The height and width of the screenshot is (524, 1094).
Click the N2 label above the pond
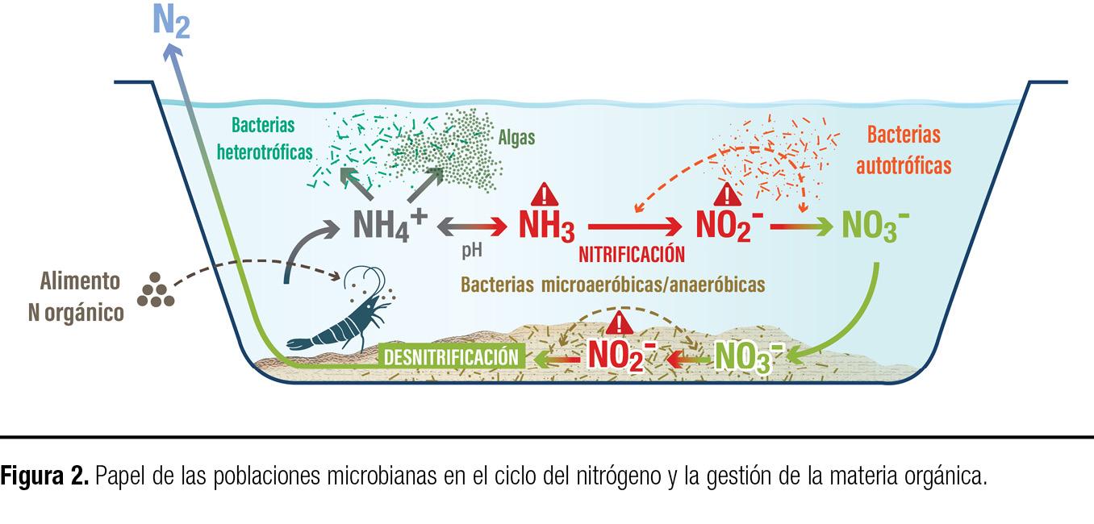pyautogui.click(x=171, y=22)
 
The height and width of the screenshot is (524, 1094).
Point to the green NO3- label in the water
pyautogui.click(x=875, y=227)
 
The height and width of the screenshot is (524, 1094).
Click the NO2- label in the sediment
pyautogui.click(x=622, y=356)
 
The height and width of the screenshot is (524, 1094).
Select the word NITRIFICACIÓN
pyautogui.click(x=632, y=255)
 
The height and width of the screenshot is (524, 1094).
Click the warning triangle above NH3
pyautogui.click(x=546, y=195)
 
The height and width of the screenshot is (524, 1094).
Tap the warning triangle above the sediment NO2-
pyautogui.click(x=620, y=323)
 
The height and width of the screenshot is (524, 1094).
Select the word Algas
pyautogui.click(x=516, y=138)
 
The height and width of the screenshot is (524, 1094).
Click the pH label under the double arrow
pyautogui.click(x=472, y=251)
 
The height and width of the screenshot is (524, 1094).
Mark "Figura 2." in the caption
pyautogui.click(x=44, y=476)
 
